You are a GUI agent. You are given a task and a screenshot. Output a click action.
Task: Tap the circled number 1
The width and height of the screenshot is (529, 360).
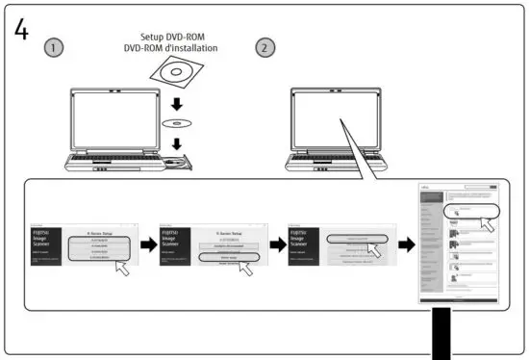57,48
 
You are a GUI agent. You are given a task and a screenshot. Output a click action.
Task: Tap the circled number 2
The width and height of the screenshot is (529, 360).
264,47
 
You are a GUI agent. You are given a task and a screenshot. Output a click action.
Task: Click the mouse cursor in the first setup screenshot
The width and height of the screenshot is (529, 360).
120,266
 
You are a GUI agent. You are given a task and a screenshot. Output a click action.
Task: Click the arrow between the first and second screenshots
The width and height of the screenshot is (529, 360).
146,246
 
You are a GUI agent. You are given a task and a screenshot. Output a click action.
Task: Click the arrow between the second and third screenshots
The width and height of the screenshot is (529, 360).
275,246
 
